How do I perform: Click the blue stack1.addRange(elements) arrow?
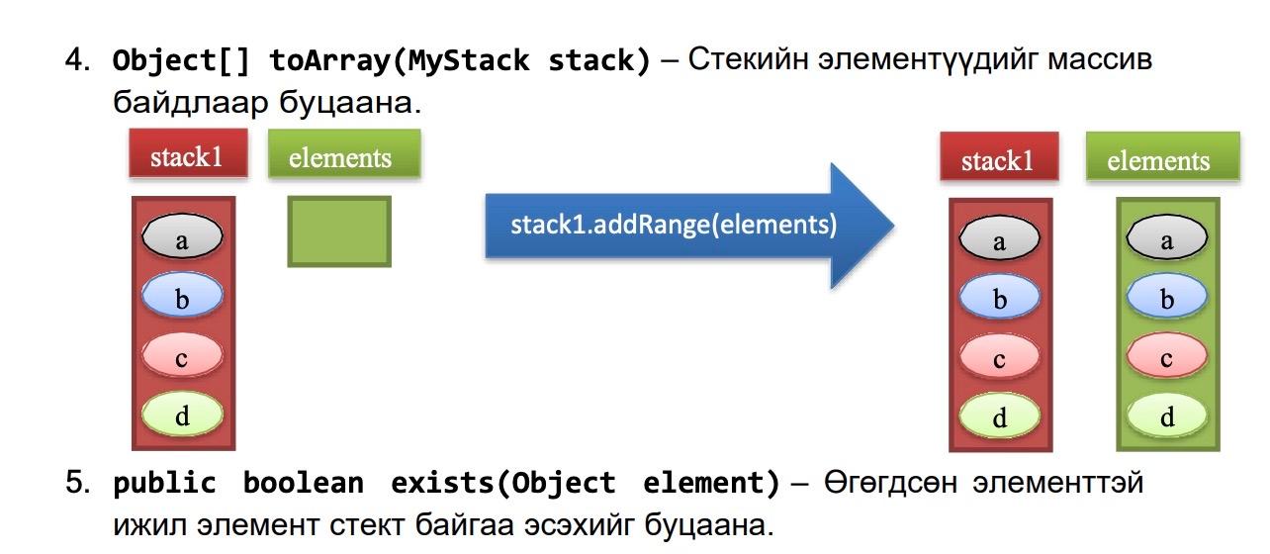pyautogui.click(x=688, y=226)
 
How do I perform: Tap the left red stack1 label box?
pyautogui.click(x=188, y=153)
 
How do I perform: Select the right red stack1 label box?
pyautogui.click(x=999, y=156)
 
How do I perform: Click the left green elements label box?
pyautogui.click(x=344, y=153)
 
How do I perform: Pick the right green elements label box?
pyautogui.click(x=1163, y=156)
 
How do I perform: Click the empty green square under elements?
pyautogui.click(x=339, y=231)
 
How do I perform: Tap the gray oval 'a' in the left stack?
pyautogui.click(x=182, y=235)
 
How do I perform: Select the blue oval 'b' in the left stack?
pyautogui.click(x=182, y=295)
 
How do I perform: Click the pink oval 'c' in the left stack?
pyautogui.click(x=182, y=354)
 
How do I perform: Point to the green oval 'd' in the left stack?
pyautogui.click(x=182, y=414)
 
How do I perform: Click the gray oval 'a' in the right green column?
pyautogui.click(x=1167, y=237)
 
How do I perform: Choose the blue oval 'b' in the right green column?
pyautogui.click(x=1167, y=296)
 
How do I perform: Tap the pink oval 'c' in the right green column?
pyautogui.click(x=1167, y=355)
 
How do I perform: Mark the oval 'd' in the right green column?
pyautogui.click(x=1167, y=415)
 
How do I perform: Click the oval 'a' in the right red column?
pyautogui.click(x=1000, y=238)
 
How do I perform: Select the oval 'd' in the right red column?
pyautogui.click(x=1000, y=415)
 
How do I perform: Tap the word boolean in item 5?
pyautogui.click(x=304, y=483)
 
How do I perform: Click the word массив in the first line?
pyautogui.click(x=1100, y=60)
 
